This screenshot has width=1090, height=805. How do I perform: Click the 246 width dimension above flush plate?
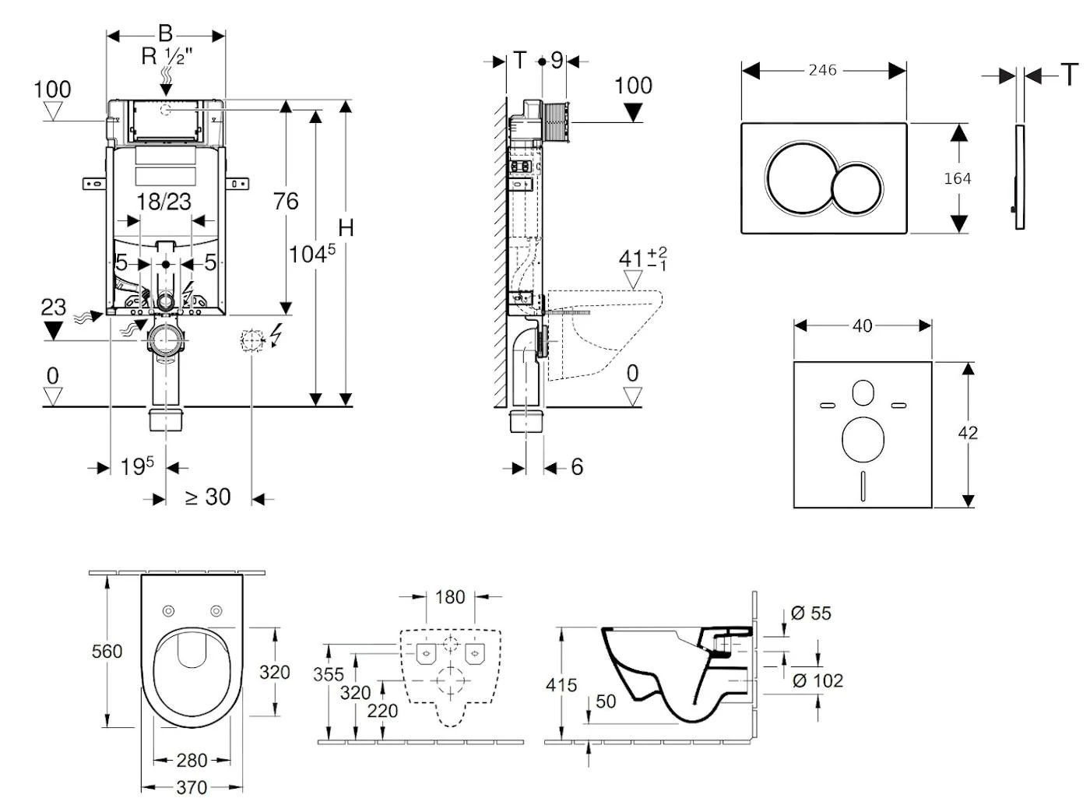pyautogui.click(x=822, y=70)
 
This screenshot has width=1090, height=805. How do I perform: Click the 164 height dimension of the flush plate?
pyautogui.click(x=957, y=178)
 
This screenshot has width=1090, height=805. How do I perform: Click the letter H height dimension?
pyautogui.click(x=346, y=227)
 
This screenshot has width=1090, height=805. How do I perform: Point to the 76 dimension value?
pyautogui.click(x=286, y=202)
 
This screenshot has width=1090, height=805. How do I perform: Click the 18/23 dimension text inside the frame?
pyautogui.click(x=163, y=202)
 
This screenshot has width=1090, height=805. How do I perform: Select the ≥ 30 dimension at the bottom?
pyautogui.click(x=208, y=497)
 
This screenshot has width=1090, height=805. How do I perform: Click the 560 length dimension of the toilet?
pyautogui.click(x=107, y=651)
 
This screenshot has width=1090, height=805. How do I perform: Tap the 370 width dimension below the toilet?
pyautogui.click(x=191, y=787)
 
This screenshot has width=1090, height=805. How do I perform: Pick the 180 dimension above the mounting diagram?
pyautogui.click(x=450, y=597)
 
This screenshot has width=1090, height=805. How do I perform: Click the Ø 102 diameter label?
pyautogui.click(x=817, y=680)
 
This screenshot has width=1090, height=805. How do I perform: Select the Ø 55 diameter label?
pyautogui.click(x=810, y=613)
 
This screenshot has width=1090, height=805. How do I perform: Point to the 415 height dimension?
pyautogui.click(x=561, y=685)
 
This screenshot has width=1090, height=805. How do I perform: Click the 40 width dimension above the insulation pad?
pyautogui.click(x=862, y=325)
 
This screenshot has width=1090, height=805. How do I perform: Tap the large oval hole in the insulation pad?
pyautogui.click(x=863, y=438)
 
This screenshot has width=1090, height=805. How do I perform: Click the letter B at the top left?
pyautogui.click(x=165, y=33)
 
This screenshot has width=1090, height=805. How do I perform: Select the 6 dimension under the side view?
pyautogui.click(x=577, y=466)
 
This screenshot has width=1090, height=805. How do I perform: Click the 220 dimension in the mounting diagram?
pyautogui.click(x=382, y=710)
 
